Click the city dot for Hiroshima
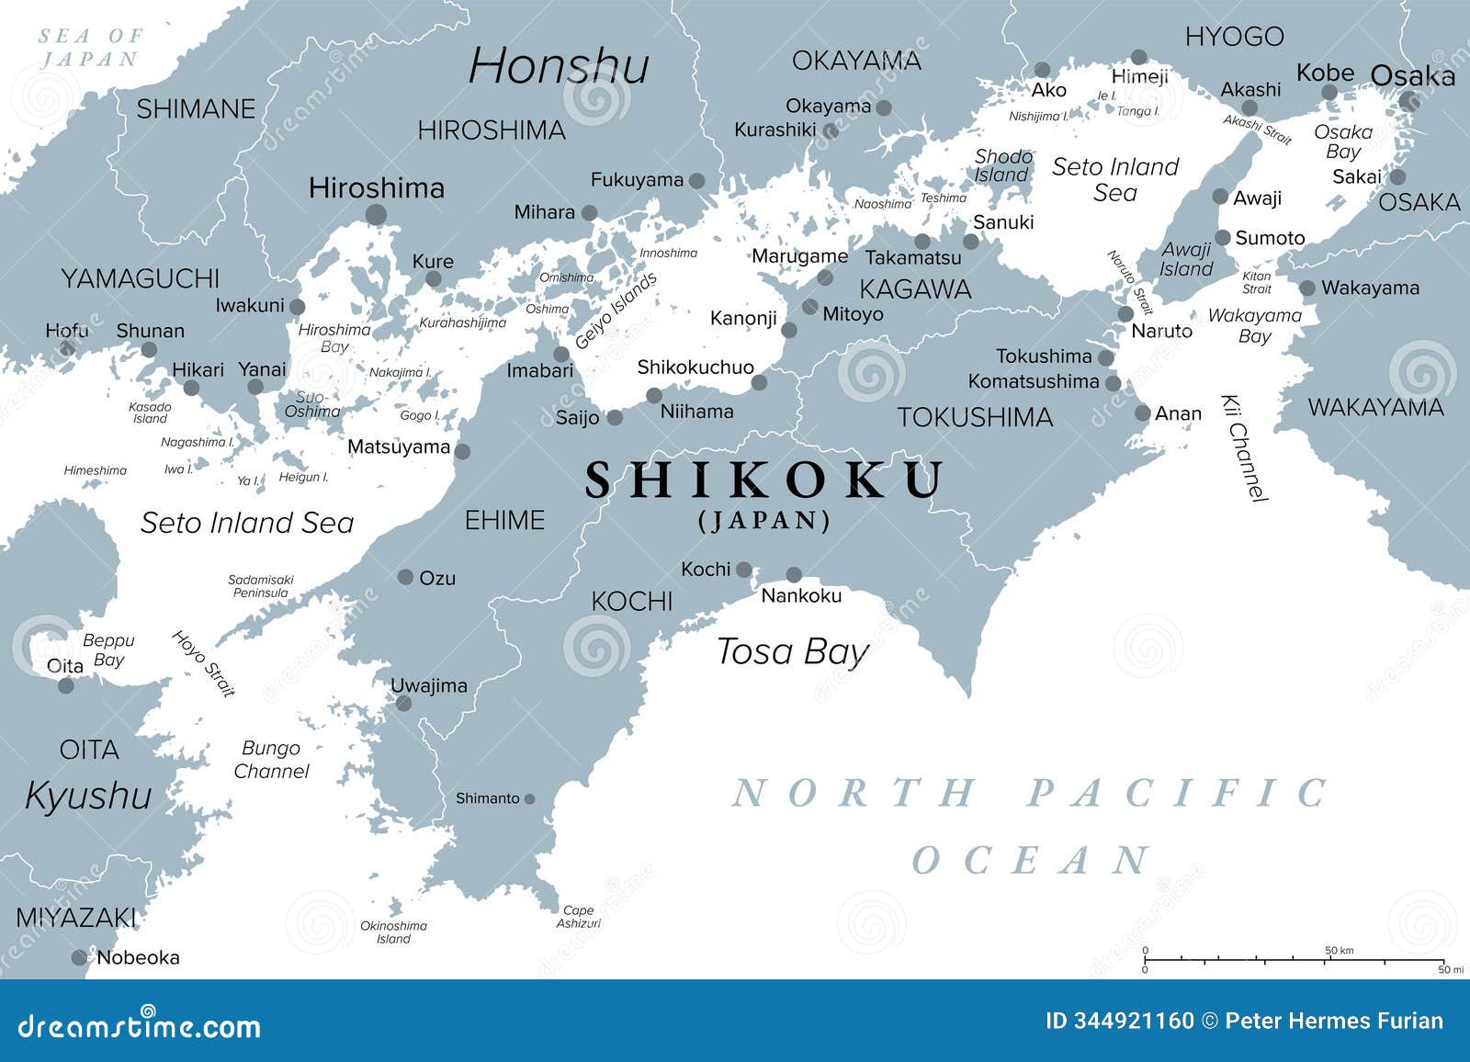click(376, 215)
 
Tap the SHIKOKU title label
click(764, 480)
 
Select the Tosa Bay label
click(792, 651)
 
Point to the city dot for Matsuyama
click(462, 451)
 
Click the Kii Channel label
click(1245, 447)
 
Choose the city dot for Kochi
click(744, 570)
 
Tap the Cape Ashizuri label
click(578, 917)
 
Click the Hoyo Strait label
click(204, 662)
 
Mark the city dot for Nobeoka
click(80, 958)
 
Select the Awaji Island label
click(1186, 259)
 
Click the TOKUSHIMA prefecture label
click(975, 418)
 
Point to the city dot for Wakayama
click(1307, 288)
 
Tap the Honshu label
click(559, 66)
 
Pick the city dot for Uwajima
click(402, 704)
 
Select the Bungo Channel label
click(271, 760)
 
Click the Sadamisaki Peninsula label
click(260, 586)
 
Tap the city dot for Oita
click(65, 685)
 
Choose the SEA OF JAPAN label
click(90, 48)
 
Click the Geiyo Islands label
click(616, 311)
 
